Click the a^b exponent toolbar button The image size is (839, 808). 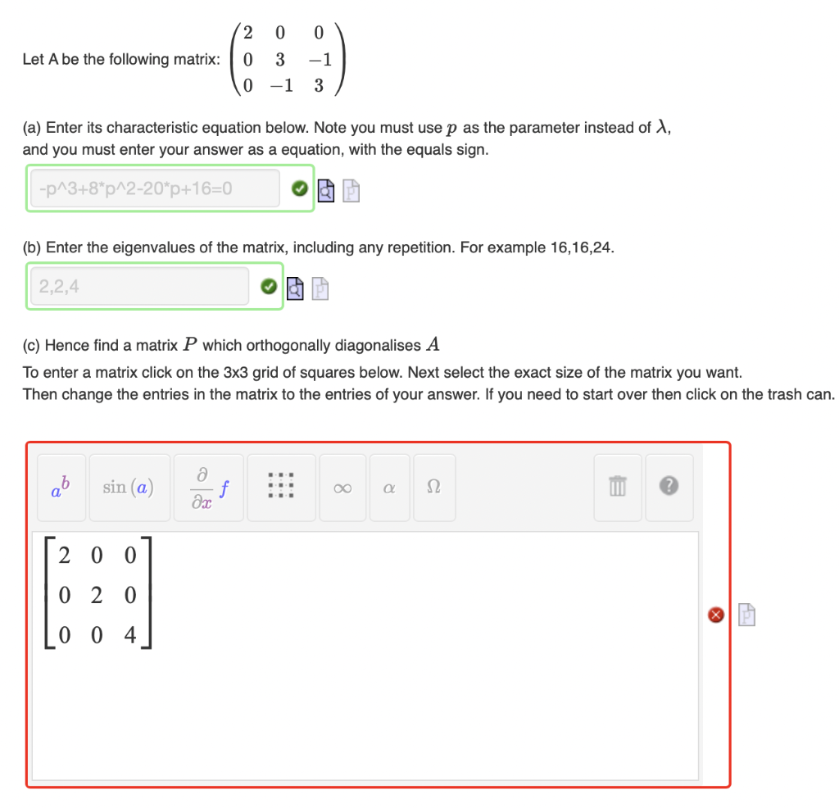click(62, 488)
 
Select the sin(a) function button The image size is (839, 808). click(129, 488)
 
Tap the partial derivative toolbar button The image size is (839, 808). click(209, 488)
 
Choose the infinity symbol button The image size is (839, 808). click(342, 488)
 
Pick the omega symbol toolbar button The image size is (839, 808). click(433, 488)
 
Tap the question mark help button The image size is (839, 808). click(669, 488)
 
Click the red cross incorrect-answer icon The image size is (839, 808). click(715, 614)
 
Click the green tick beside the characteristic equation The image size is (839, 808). click(300, 189)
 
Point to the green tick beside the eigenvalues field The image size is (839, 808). click(268, 287)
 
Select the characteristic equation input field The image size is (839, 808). click(155, 189)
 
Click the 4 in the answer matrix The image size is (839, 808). click(130, 633)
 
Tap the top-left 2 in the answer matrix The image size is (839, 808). click(64, 555)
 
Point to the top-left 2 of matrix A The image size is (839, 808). click(249, 33)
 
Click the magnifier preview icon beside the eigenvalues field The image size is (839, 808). click(296, 288)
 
